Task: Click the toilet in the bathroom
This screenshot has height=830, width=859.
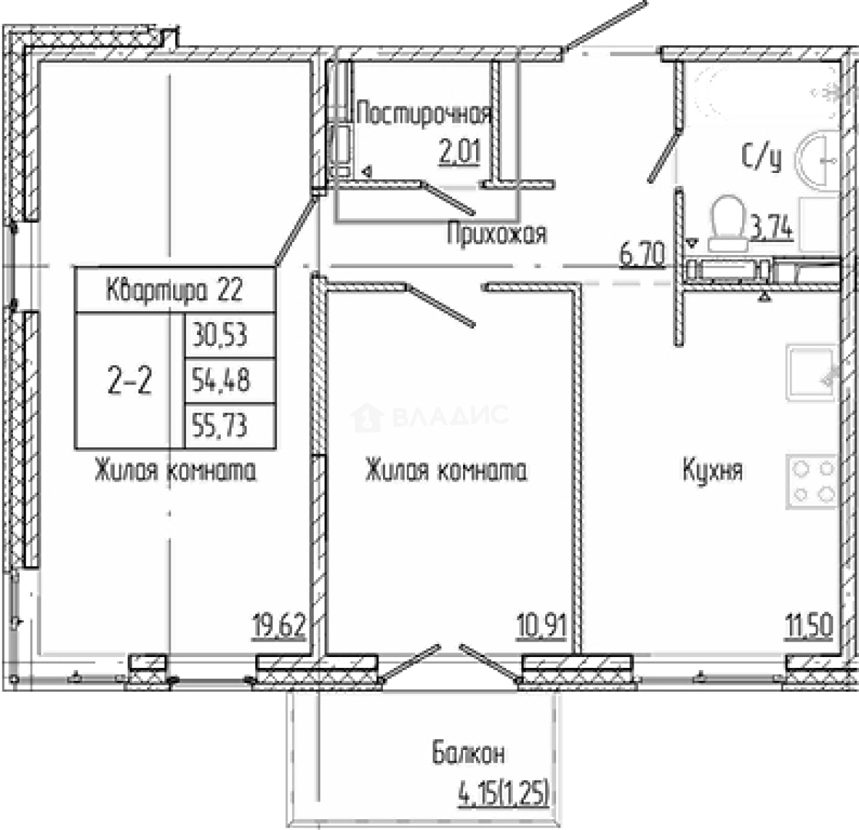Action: coord(727,224)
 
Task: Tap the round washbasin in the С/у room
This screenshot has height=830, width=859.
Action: coord(817,159)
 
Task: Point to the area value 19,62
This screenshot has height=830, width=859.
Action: coord(279,626)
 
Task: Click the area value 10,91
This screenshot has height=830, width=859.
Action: coord(541,626)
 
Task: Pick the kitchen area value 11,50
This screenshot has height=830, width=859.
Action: coord(808,626)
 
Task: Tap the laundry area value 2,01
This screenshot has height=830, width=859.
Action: coord(460,151)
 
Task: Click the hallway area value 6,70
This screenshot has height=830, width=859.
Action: coord(643,255)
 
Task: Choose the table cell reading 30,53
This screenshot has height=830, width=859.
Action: coord(230,336)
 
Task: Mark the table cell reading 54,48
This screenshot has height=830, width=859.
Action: coord(230,381)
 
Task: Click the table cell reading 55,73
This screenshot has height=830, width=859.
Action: coord(230,427)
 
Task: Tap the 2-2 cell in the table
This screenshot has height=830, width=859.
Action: coord(130,381)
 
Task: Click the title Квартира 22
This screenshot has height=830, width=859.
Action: coord(175,290)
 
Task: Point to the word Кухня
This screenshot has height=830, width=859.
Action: coord(713,470)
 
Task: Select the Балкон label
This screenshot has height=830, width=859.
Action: coord(468,753)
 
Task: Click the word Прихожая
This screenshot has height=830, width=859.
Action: coord(497,234)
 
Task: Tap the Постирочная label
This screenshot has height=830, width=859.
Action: coord(424,115)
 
